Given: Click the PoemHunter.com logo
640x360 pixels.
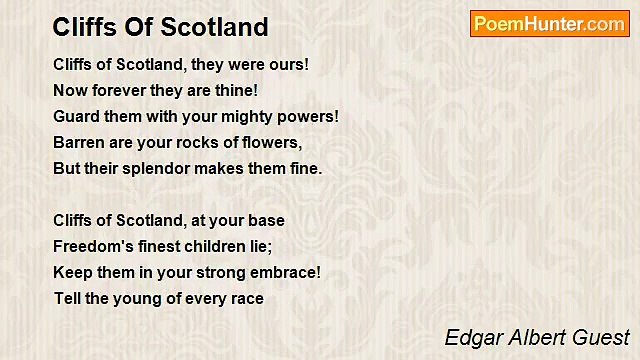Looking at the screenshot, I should click(549, 24).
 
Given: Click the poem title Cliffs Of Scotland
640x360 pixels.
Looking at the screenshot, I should click(160, 26).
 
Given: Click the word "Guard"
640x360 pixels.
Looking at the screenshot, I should click(76, 117).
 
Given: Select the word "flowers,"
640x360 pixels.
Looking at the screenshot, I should click(272, 143).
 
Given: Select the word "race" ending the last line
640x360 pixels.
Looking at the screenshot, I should click(246, 298).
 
